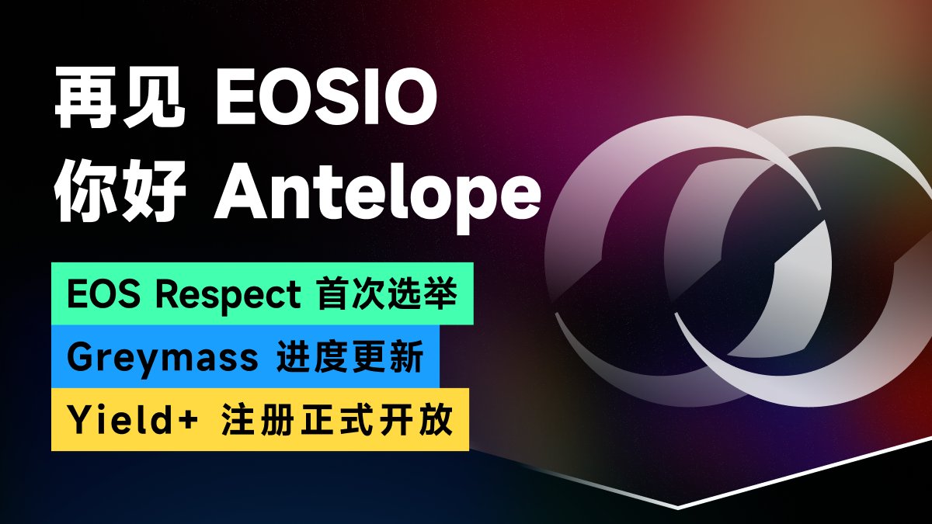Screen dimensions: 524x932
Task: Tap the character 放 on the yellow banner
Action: point(436,421)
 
